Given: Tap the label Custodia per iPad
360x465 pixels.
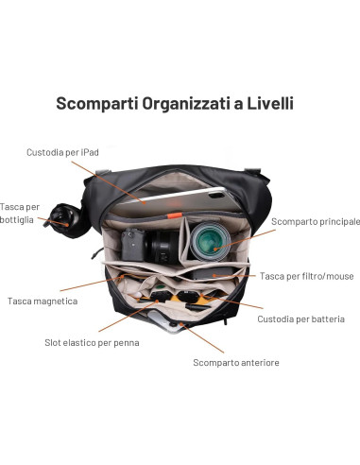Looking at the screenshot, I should coord(62,151).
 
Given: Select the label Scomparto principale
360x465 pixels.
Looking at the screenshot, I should coord(315,221).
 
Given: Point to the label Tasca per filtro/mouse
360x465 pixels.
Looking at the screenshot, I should coord(306,276).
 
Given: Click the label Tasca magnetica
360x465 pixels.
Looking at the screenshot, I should coord(42,301).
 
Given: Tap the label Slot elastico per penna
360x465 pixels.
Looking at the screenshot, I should coord(92,342).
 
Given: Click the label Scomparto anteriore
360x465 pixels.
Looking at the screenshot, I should coord(235,362).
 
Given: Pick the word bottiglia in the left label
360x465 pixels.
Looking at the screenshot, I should coord(17,219).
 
